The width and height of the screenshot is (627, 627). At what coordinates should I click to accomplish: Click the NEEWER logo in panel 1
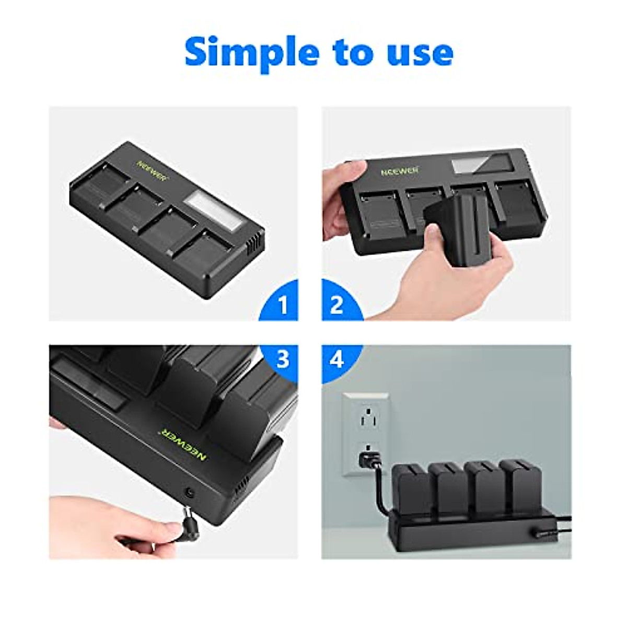152,170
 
